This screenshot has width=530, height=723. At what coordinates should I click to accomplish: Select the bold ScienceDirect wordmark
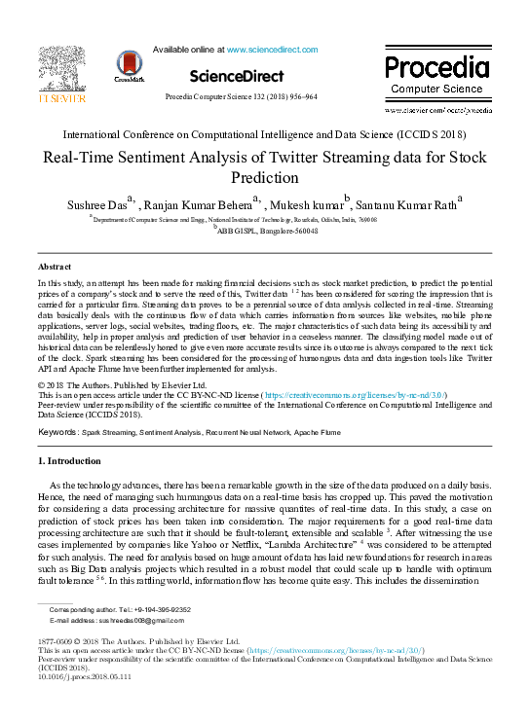[237, 76]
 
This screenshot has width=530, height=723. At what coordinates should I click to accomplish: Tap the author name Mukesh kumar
[309, 205]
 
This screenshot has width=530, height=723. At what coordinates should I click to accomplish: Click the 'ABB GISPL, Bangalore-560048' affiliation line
[266, 231]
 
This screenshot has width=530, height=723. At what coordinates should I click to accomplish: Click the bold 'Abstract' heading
[55, 266]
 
